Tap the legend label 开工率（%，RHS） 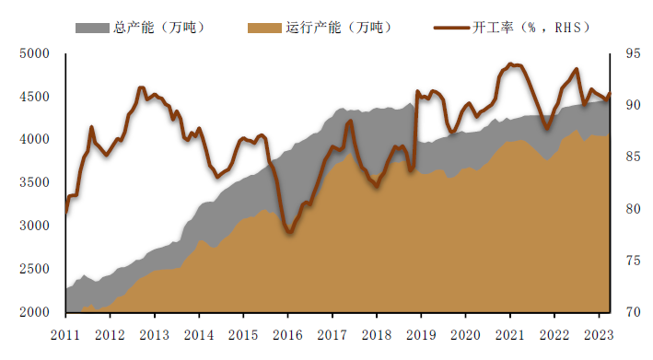point(535,27)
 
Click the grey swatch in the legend point(92,27)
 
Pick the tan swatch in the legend point(264,27)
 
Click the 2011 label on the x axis point(65,334)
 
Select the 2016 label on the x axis point(287,334)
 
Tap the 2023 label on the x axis point(598,334)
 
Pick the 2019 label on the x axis point(421,334)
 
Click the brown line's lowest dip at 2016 point(289,232)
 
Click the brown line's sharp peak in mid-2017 point(349,121)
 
